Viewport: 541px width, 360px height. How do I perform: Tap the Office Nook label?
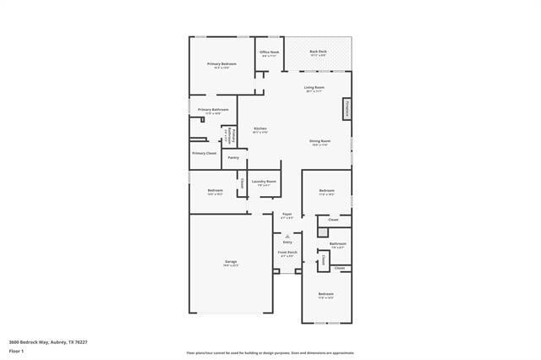[269, 53]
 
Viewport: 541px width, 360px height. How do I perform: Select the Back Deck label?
[318, 52]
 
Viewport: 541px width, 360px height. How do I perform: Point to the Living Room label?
[314, 88]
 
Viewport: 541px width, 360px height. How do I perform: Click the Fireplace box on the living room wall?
[347, 109]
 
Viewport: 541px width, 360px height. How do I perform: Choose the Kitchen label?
[260, 129]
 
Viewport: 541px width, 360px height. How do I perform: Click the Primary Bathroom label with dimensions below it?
[213, 110]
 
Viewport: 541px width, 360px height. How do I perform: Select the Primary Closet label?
[204, 153]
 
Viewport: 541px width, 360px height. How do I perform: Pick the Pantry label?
[232, 157]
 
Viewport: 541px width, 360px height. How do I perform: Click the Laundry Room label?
[264, 181]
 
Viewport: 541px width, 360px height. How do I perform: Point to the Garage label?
[230, 262]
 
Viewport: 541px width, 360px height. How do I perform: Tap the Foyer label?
[287, 215]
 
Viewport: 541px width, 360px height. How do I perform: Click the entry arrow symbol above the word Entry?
[287, 236]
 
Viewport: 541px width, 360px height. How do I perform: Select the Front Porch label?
[287, 252]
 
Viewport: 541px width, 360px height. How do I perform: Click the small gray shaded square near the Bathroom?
[322, 231]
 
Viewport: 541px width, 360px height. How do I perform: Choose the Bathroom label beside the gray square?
[338, 243]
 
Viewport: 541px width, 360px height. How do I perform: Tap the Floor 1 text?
[16, 351]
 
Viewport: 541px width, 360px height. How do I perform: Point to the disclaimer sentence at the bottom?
[270, 353]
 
